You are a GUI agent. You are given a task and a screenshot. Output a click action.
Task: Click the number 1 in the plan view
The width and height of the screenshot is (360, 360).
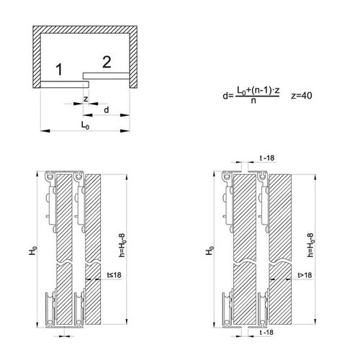coord(59,70)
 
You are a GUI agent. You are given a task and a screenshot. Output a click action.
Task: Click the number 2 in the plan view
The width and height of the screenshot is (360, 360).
coord(107,62)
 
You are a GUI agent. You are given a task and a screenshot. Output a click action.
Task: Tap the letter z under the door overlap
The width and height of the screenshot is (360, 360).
coord(86,99)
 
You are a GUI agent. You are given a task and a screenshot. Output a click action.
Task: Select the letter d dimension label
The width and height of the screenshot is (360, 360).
coord(107,109)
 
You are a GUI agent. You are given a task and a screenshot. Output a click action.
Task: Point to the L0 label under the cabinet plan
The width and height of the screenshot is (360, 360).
coord(85,125)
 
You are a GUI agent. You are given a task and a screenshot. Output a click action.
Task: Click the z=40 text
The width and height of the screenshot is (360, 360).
coord(302,96)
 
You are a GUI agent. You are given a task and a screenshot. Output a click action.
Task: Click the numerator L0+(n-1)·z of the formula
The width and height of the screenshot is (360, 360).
coord(258,91)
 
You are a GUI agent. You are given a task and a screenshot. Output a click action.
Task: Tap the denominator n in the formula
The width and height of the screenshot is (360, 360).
coord(253,101)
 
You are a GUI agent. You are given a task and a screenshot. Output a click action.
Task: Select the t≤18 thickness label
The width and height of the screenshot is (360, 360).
coord(114,275)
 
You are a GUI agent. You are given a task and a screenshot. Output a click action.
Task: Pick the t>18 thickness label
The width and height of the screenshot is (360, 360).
coord(305,275)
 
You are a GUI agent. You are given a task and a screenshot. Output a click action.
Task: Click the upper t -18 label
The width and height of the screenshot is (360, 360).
coord(266,158)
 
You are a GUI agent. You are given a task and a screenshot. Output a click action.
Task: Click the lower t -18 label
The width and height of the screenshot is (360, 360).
coord(266,333)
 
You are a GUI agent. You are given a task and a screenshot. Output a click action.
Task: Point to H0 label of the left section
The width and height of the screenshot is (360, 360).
coord(33,251)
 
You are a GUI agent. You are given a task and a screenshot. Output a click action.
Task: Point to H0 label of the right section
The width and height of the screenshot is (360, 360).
coord(210,251)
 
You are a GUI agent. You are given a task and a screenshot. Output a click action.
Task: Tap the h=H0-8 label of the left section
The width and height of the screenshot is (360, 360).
coord(122,245)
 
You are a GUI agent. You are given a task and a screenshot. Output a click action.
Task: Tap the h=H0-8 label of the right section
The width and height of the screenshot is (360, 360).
coord(311,245)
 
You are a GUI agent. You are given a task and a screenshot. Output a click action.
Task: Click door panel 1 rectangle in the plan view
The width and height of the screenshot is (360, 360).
coord(65,84)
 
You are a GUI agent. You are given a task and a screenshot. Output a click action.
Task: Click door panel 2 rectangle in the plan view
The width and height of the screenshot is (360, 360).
coord(107,76)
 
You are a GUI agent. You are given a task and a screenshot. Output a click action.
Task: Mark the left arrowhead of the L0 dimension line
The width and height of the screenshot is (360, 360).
coord(45,131)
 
